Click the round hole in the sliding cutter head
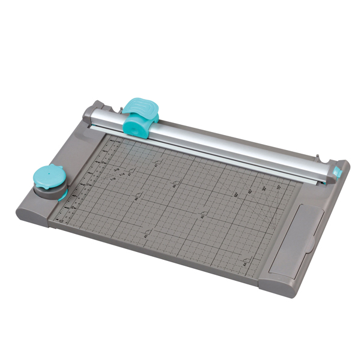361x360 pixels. click(x=136, y=125)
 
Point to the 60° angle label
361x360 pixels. click(x=236, y=194)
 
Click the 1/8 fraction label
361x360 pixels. click(x=115, y=178)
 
